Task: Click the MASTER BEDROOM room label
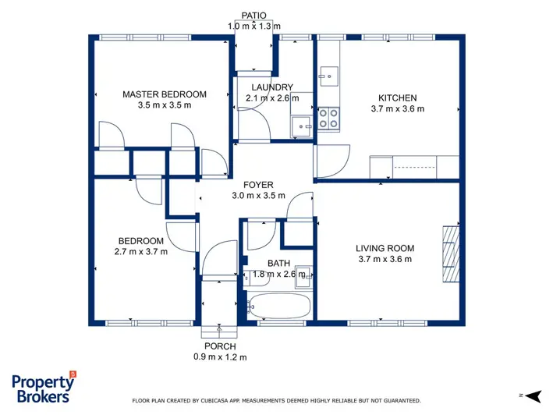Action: [x=165, y=94]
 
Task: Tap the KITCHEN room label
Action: [x=398, y=98]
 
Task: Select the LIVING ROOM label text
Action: [x=385, y=248]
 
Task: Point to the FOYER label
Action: [x=258, y=185]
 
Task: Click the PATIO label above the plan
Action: [x=253, y=16]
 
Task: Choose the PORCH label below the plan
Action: [x=220, y=346]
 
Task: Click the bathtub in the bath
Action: [x=279, y=305]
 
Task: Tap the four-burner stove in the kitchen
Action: [x=328, y=119]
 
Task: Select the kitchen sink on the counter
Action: [x=328, y=76]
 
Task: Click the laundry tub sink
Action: [x=302, y=126]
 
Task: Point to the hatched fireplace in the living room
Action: [x=451, y=254]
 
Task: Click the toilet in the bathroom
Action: [x=257, y=275]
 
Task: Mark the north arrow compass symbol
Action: [x=534, y=396]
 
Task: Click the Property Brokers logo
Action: [x=44, y=387]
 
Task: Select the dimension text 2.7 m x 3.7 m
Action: [x=140, y=252]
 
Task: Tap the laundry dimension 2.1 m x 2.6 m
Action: [x=272, y=98]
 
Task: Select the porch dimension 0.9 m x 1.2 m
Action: [x=220, y=357]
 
